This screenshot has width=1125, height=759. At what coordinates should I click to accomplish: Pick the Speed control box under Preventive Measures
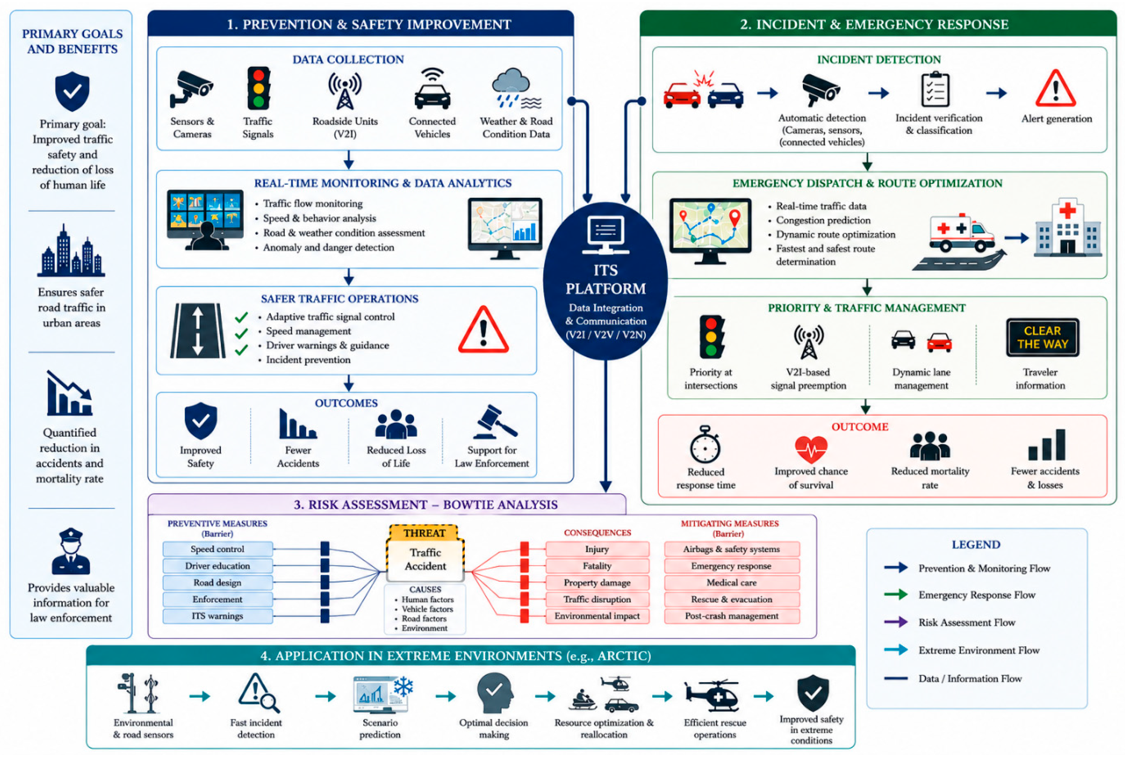coord(217,549)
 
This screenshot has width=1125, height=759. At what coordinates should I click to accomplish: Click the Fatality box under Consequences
coord(597,565)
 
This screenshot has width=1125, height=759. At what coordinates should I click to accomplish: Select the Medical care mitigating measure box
coord(731,582)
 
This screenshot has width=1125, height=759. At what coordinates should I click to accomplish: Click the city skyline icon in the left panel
coord(71,250)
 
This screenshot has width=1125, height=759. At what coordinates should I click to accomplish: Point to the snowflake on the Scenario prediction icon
coord(403,686)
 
